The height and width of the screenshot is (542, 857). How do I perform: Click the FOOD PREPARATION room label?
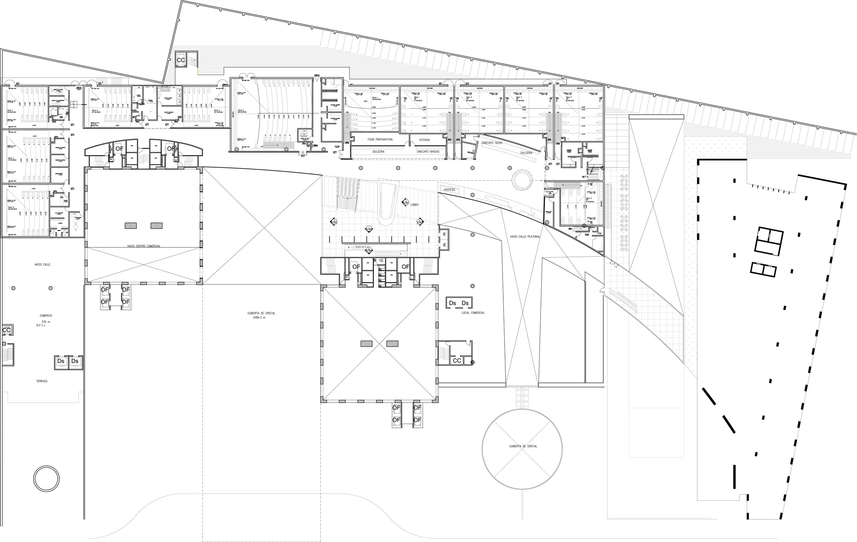[x=380, y=140]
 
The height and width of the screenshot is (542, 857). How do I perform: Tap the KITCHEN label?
[x=424, y=140]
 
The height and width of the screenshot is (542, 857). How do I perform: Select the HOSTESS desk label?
[x=449, y=190]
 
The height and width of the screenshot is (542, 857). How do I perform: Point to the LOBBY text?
[x=414, y=205]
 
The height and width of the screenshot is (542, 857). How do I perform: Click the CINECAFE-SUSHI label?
[x=492, y=142]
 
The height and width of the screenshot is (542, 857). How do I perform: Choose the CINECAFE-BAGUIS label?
[x=428, y=152]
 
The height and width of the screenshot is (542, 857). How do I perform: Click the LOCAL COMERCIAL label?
[x=473, y=313]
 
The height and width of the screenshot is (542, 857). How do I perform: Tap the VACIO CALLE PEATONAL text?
[x=524, y=237]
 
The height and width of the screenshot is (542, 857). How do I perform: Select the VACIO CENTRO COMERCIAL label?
[x=144, y=246]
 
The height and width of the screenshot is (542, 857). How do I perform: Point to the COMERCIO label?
[x=46, y=316]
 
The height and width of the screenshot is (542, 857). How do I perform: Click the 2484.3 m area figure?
[x=259, y=318]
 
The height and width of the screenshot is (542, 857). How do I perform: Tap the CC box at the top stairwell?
[x=181, y=60]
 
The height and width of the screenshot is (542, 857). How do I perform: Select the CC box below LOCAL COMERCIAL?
[x=457, y=361]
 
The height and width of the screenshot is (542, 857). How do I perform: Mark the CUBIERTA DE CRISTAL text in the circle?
[x=523, y=446]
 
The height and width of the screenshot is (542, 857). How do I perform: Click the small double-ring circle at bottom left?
[x=46, y=478]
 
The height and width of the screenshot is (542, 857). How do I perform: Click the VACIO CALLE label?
[x=43, y=265]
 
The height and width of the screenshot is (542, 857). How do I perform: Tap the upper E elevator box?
[x=444, y=234]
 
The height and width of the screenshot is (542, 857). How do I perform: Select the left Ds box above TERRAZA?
[x=61, y=361]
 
